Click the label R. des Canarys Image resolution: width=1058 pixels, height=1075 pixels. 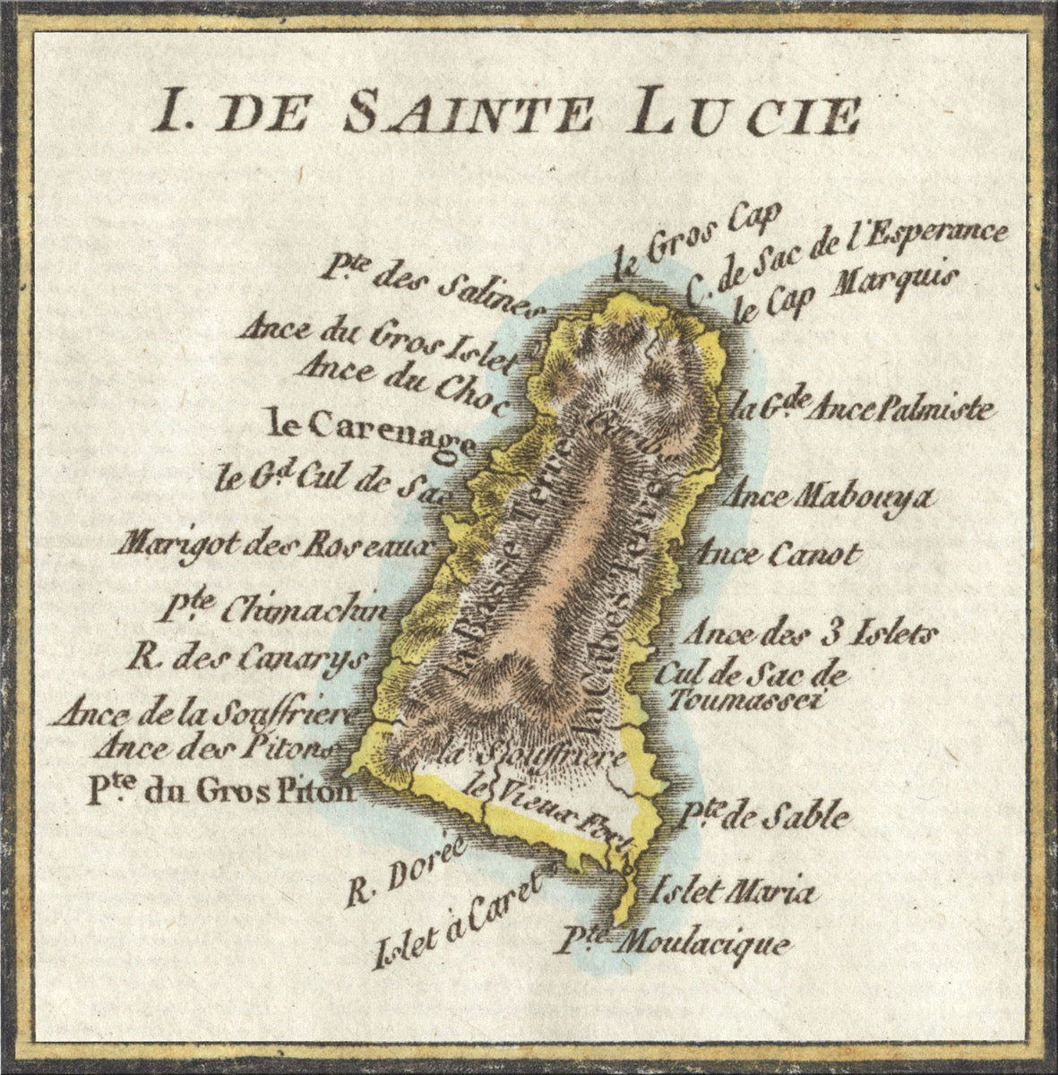click(248, 659)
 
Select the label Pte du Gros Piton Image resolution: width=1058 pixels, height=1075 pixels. click(219, 792)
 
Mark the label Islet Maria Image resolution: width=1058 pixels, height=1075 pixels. click(733, 892)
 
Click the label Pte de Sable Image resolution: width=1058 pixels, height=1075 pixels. click(761, 815)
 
